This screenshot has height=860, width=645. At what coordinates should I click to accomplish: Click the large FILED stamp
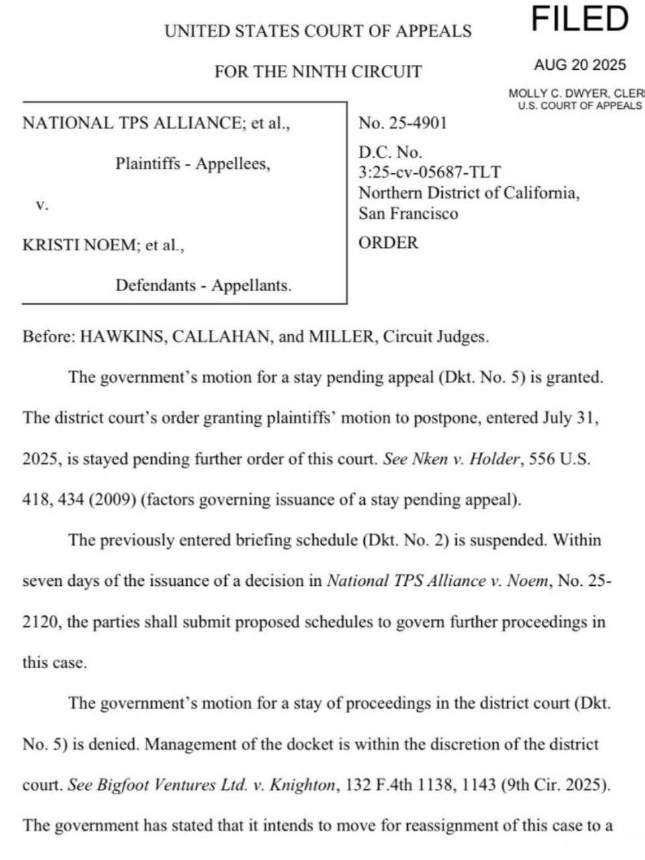coord(580,19)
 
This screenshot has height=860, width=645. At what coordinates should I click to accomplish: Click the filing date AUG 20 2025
coord(580,65)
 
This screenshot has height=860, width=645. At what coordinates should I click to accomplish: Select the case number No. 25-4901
coord(402,123)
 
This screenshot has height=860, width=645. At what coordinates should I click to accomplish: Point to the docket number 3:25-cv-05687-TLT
coord(429,173)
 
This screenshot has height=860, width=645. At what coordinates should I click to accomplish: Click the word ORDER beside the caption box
coord(388,243)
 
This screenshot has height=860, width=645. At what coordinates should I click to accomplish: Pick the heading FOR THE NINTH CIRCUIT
coord(318,72)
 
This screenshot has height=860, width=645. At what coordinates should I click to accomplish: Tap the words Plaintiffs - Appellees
coord(193,164)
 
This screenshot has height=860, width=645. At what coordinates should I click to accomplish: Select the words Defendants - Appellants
coord(204,286)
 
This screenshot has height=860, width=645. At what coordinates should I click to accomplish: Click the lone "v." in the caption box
coord(42,204)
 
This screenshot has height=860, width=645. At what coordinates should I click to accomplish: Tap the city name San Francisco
coord(408,214)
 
